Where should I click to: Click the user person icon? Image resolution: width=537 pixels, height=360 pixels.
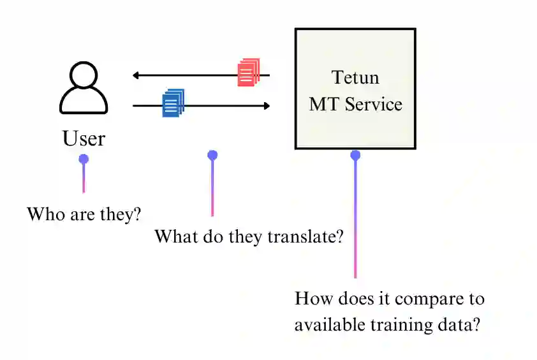click(x=84, y=89)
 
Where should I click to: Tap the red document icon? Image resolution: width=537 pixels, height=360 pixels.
click(x=249, y=72)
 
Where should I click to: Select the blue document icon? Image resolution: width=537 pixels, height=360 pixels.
click(x=173, y=103)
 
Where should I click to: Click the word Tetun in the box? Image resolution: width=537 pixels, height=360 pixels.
click(x=355, y=78)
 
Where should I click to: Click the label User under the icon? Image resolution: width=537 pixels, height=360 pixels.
click(x=84, y=138)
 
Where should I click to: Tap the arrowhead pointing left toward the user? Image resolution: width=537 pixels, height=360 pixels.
click(x=136, y=75)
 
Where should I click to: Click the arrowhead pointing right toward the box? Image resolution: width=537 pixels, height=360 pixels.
click(x=266, y=105)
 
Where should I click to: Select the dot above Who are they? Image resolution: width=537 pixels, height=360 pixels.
click(x=84, y=158)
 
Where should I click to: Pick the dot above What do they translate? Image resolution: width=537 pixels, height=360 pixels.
click(x=212, y=154)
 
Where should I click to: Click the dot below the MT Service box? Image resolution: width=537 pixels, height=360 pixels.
click(x=355, y=155)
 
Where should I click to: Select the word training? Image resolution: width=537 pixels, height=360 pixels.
click(x=404, y=325)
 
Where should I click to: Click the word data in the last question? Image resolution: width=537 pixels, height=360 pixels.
click(x=460, y=324)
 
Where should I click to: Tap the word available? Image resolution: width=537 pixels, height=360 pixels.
click(x=330, y=324)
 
